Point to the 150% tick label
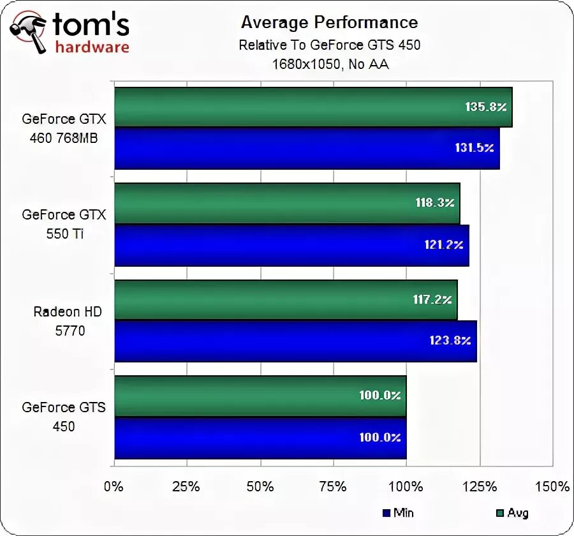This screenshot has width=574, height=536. (x=552, y=486)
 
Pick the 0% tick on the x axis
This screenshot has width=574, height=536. (x=114, y=486)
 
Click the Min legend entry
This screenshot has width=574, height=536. (x=398, y=512)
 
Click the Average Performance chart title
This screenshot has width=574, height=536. (x=329, y=22)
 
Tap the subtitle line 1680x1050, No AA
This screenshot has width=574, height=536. (x=330, y=64)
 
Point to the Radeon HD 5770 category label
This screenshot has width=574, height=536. (x=68, y=321)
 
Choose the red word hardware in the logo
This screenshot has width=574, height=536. (x=92, y=47)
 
